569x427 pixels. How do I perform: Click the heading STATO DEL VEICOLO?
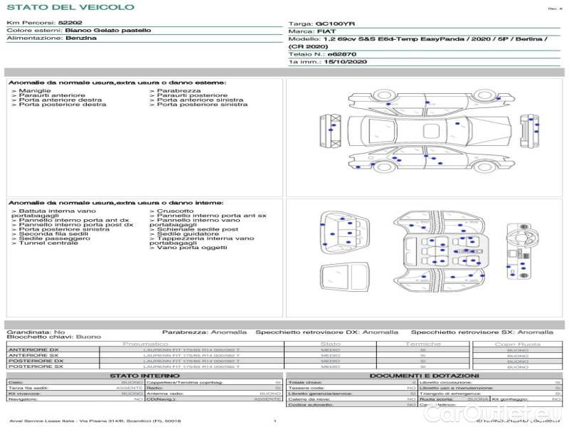(70, 7)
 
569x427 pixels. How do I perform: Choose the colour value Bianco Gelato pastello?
(107, 31)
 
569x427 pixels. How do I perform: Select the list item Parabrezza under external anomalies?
(179, 91)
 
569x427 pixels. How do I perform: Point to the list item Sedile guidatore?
(184, 233)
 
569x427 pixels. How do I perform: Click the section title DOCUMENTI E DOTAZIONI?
(424, 375)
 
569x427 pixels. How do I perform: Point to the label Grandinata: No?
(36, 332)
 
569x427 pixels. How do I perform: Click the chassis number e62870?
(341, 54)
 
